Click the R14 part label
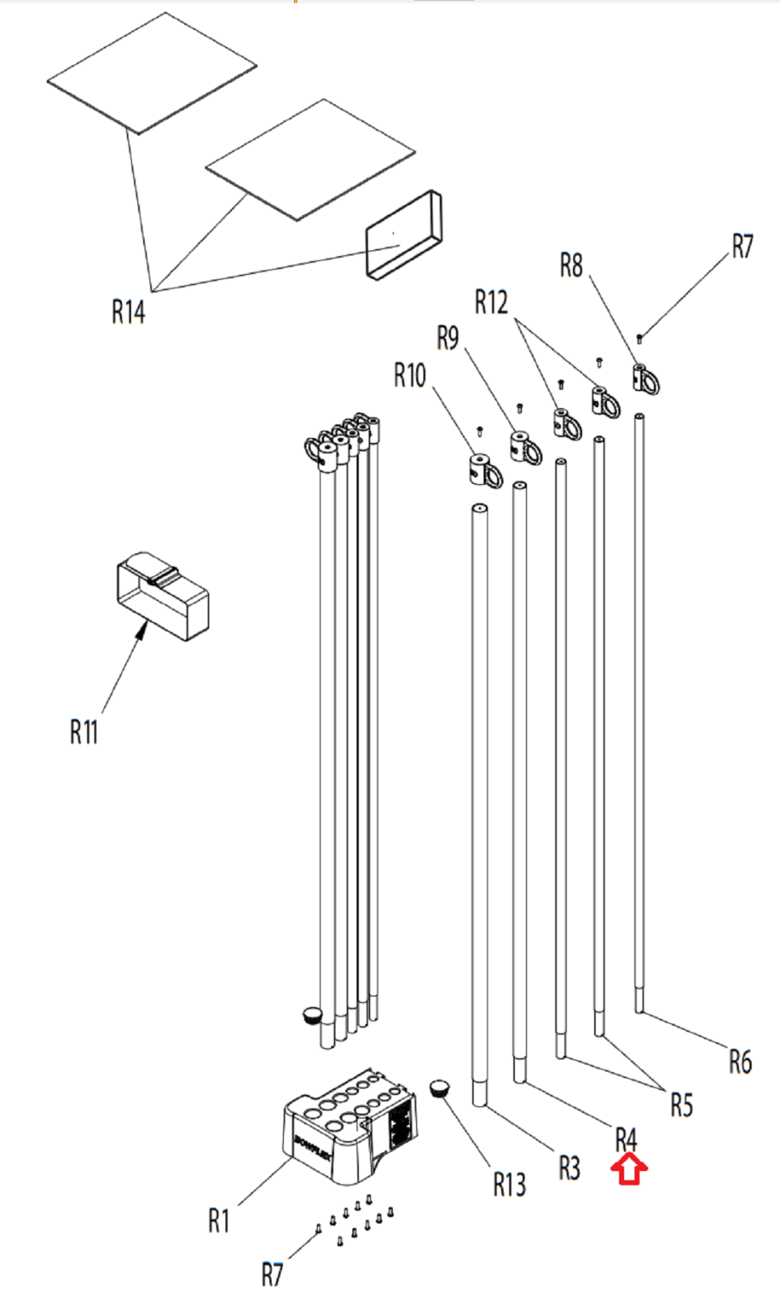point(129,312)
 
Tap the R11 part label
point(84,732)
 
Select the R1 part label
point(218,1220)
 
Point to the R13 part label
point(509,1185)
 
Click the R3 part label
point(569,1169)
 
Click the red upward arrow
point(630,1169)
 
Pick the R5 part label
point(681,1105)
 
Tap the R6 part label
point(740,1061)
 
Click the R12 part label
point(491,302)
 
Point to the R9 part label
point(448,339)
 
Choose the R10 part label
point(410,375)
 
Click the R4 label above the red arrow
point(626,1140)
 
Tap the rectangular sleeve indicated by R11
point(162,596)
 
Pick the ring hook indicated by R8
point(646,379)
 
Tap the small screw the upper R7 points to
point(639,338)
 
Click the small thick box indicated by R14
point(403,235)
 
